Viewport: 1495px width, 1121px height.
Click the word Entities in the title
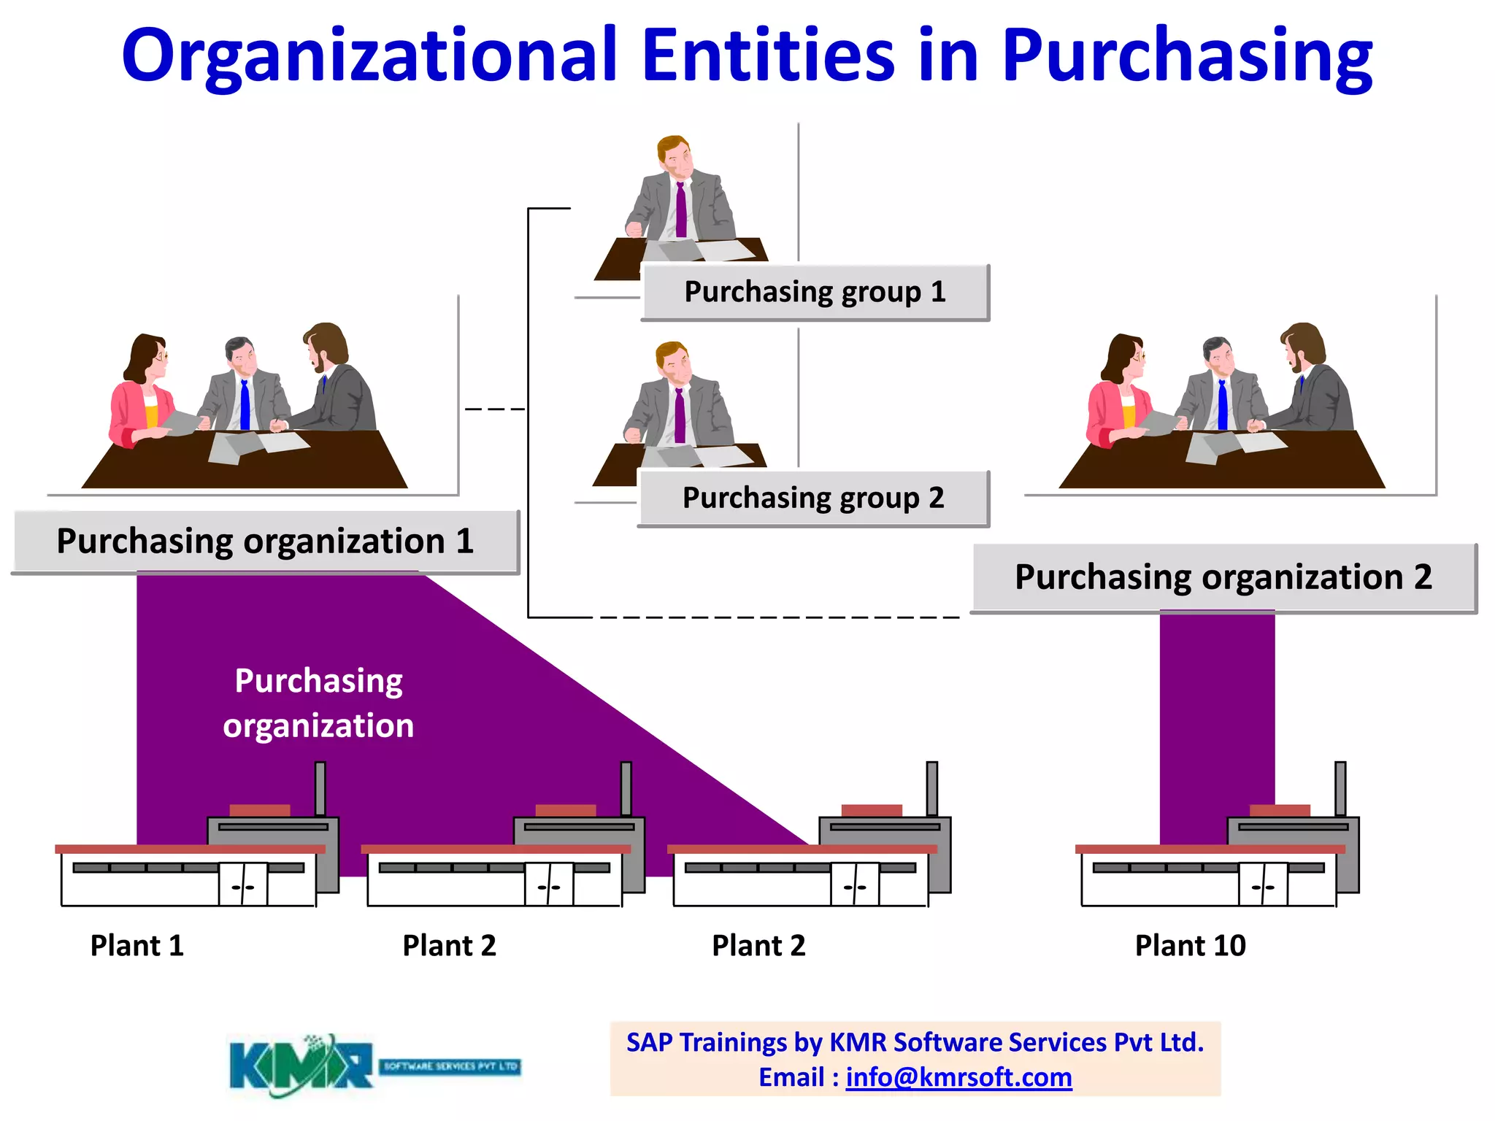click(x=768, y=55)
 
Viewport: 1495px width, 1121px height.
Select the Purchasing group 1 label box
click(x=815, y=292)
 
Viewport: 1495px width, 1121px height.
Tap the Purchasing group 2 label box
click(x=813, y=498)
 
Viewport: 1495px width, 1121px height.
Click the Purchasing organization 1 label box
click(x=266, y=542)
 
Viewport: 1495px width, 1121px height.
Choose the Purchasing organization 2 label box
click(x=1223, y=577)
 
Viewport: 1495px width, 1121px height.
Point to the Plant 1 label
click(x=137, y=946)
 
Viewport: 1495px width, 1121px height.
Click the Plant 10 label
click(x=1190, y=946)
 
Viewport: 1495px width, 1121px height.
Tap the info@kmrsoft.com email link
click(x=958, y=1077)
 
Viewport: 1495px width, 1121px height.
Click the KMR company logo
click(x=374, y=1066)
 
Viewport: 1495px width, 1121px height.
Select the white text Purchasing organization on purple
click(x=318, y=703)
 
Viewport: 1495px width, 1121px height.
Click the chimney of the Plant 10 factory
click(x=1340, y=788)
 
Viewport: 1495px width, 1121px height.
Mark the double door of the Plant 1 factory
click(x=244, y=884)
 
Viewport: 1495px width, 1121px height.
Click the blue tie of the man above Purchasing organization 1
click(x=245, y=405)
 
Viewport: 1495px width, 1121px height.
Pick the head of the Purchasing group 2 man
click(x=673, y=363)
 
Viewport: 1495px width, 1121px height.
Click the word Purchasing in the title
click(x=1186, y=55)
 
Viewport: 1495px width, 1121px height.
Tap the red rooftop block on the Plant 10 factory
click(x=1280, y=810)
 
